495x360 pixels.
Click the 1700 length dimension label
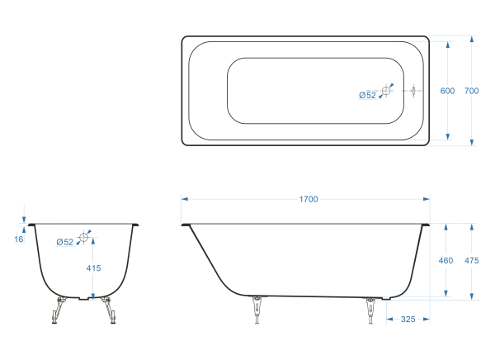[309, 199]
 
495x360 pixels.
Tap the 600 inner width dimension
[447, 91]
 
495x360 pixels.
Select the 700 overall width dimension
[471, 91]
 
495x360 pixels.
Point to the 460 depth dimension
[445, 260]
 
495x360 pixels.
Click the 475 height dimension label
[471, 260]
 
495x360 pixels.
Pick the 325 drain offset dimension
[408, 320]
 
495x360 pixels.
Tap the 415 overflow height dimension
[93, 268]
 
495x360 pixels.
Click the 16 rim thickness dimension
[19, 239]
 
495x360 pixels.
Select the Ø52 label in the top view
[367, 95]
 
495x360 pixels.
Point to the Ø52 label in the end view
[64, 242]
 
